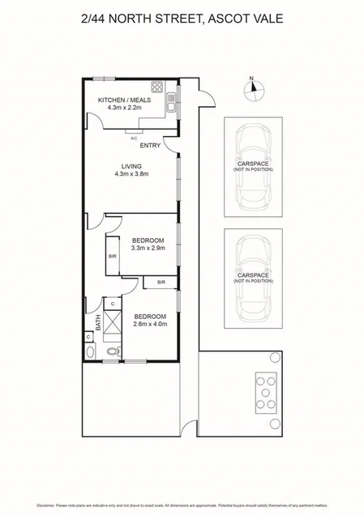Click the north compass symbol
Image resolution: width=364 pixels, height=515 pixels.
pos(252,88)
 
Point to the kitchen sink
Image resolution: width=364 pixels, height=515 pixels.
pos(171,104)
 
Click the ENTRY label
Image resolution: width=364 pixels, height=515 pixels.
pos(150,146)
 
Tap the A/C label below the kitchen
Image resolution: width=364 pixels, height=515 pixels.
pos(134,138)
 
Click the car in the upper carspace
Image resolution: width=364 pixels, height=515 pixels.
pos(254,170)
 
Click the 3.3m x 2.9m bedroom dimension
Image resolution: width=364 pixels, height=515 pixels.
pos(148,249)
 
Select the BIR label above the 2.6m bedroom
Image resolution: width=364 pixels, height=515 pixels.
pos(161,282)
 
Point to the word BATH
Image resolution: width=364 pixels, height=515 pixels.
pos(99,324)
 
